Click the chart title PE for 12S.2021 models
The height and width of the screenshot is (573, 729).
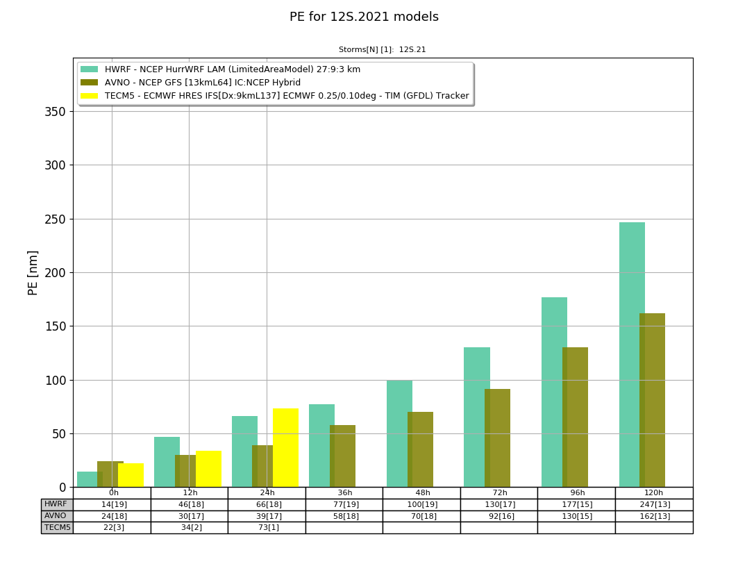364,17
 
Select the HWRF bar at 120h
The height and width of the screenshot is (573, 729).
632,355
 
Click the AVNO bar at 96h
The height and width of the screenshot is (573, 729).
575,417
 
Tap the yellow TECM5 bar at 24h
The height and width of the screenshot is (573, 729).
285,448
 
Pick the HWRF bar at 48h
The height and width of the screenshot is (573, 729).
399,434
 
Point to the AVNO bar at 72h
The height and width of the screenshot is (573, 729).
498,438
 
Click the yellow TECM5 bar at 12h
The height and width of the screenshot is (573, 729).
208,470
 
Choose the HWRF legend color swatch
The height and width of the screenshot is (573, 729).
90,69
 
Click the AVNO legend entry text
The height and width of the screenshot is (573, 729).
203,83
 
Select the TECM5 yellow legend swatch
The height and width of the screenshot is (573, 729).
90,96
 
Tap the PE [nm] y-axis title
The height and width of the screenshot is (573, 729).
33,273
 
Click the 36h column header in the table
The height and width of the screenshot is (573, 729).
344,492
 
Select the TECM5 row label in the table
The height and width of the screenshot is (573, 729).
57,527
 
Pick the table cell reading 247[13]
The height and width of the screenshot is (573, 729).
654,504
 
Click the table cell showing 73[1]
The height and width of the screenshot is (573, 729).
267,527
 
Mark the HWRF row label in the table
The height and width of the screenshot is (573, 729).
57,504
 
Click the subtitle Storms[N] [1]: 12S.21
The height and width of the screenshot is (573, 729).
382,49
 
